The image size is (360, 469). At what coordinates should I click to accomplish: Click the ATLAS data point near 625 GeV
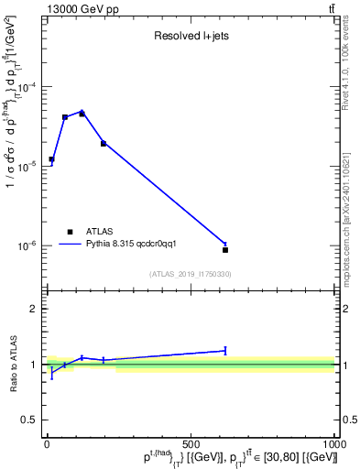click(225, 249)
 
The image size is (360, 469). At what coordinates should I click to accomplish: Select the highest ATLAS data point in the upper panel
click(82, 114)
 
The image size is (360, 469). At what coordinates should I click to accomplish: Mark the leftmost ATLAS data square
click(51, 159)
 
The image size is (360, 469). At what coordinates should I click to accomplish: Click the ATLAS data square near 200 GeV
click(104, 144)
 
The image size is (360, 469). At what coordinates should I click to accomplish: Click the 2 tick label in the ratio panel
click(34, 309)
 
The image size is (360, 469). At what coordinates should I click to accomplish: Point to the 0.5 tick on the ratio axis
click(29, 420)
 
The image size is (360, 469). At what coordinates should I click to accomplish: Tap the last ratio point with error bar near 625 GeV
click(225, 350)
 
